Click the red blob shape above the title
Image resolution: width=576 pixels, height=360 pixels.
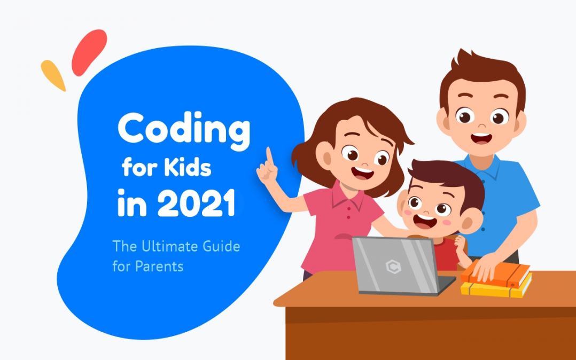point(89,52)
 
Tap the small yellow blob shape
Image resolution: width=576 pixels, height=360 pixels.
point(53,75)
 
